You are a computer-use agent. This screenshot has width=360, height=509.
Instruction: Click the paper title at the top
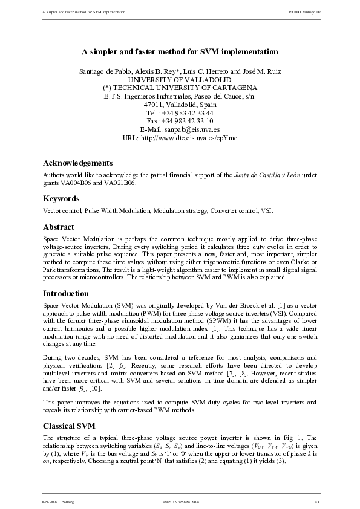[x=180, y=52]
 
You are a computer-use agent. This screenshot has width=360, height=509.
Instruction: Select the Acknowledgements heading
[x=78, y=163]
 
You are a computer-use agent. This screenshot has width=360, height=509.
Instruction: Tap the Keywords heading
[x=61, y=198]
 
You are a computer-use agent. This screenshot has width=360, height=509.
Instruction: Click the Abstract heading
[x=58, y=227]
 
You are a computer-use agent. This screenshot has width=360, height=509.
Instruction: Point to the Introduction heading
[x=66, y=293]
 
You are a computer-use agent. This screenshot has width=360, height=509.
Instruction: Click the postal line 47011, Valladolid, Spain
[x=180, y=104]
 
